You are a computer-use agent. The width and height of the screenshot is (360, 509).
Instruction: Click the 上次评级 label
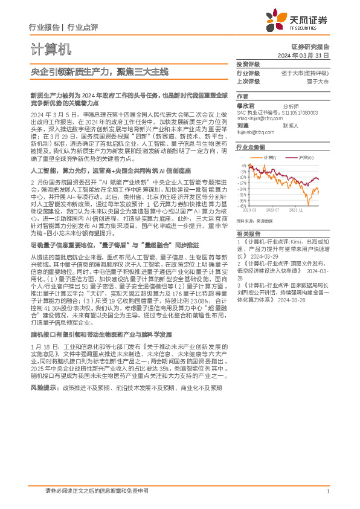point(248,80)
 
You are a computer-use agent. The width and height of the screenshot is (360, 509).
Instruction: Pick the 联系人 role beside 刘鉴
point(291,125)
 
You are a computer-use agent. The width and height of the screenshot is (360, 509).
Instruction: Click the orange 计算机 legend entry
point(271,157)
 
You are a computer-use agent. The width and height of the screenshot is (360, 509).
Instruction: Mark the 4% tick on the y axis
point(243,165)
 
